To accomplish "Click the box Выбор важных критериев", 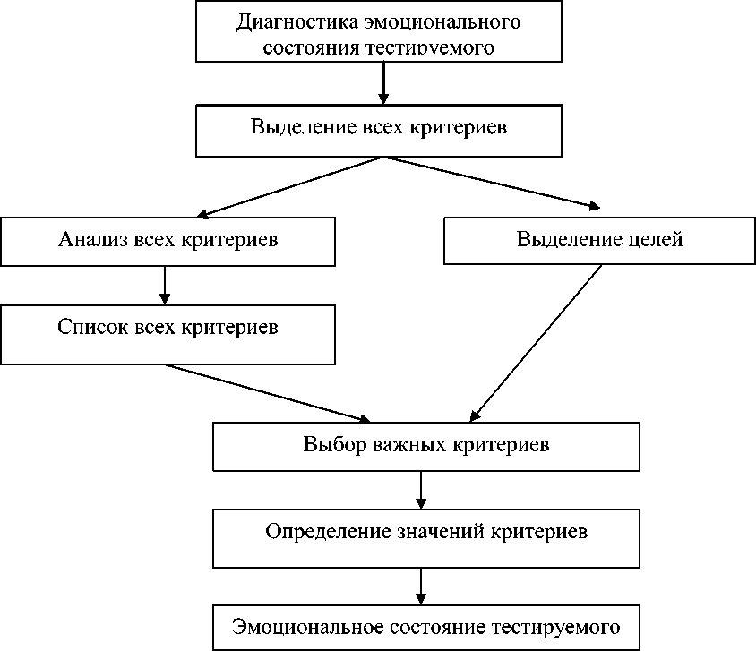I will [425, 444].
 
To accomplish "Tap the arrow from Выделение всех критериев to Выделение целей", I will [491, 183].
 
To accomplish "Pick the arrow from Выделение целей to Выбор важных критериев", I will [536, 342].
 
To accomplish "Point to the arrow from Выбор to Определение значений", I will [421, 489].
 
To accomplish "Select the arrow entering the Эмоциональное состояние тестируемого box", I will [421, 586].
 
